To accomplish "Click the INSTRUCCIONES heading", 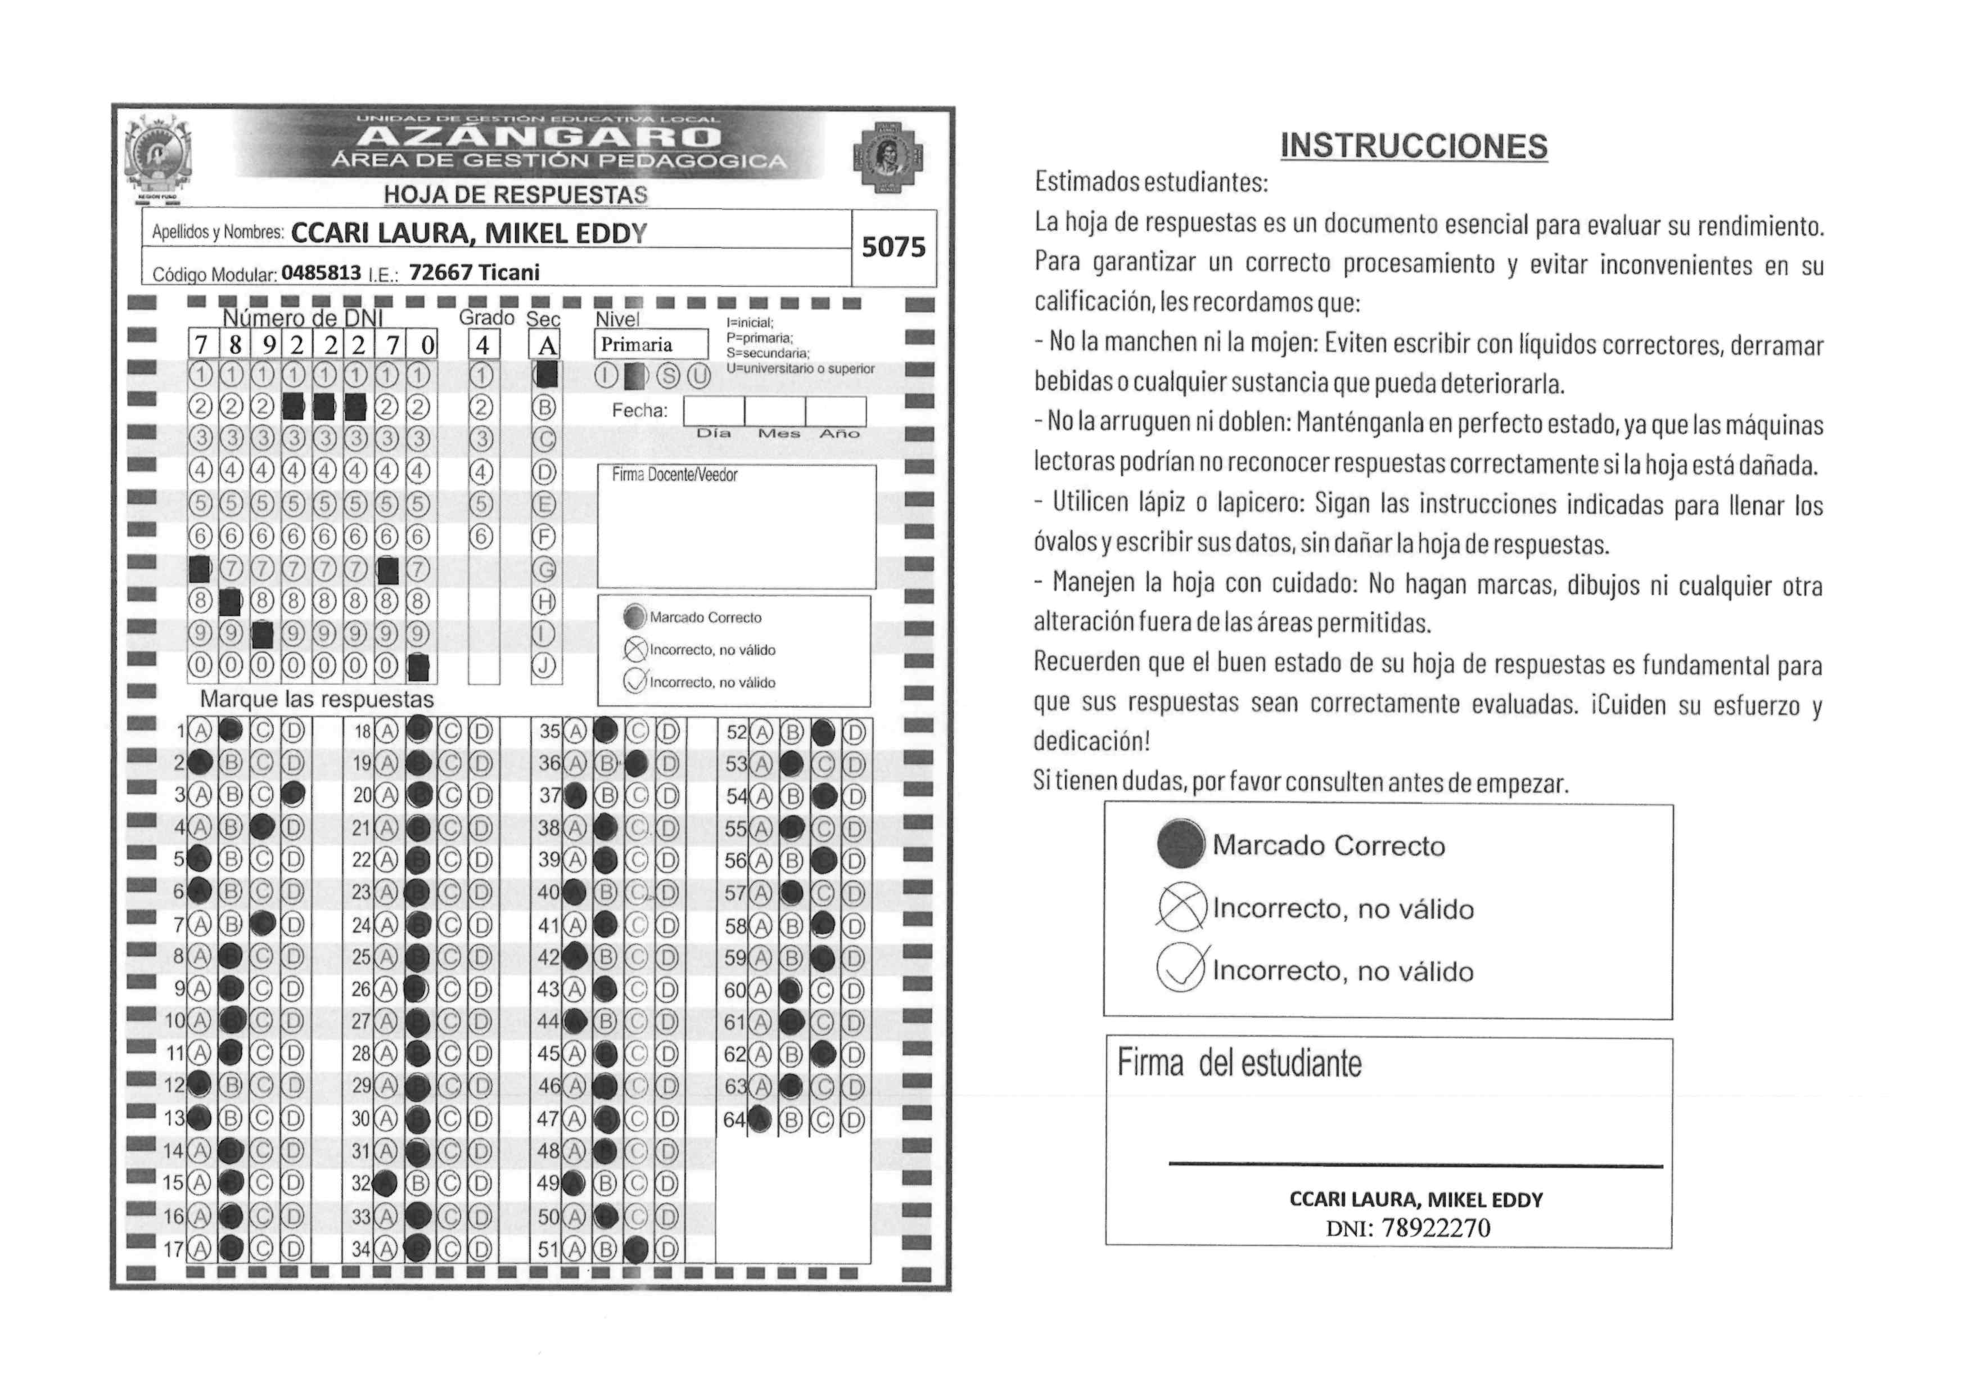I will tap(1413, 146).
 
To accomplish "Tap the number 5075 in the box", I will tap(894, 247).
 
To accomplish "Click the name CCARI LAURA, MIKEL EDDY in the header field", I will tap(469, 233).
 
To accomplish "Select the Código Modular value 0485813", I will tap(321, 273).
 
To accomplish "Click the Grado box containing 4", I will tap(482, 345).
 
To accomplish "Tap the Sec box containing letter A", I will tap(546, 345).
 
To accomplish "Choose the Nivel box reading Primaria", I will tap(650, 344).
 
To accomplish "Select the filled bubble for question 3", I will tap(293, 795).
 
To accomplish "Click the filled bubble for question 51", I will tap(637, 1249).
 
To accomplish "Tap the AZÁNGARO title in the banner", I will tap(539, 137).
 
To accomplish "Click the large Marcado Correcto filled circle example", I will tap(1181, 844).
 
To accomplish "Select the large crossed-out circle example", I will tap(1182, 907).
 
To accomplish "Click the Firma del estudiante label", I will tap(1239, 1064).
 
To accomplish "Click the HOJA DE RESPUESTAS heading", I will tap(515, 195).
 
